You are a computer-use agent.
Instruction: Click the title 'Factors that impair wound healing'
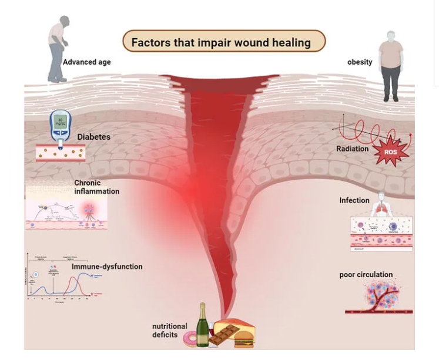point(223,43)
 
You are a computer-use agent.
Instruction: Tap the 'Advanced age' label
point(86,62)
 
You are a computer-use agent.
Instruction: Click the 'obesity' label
point(360,62)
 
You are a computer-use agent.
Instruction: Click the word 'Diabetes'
point(93,137)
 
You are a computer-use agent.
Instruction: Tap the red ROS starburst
point(391,152)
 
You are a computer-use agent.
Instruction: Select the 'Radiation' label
point(353,149)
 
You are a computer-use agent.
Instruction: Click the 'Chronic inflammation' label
point(96,187)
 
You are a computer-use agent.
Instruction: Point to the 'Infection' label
point(354,200)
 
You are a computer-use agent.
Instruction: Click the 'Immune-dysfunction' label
point(107,267)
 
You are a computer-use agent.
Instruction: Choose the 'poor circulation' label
point(366,274)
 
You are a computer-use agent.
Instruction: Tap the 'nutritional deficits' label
point(170,330)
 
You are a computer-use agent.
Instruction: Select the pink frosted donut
point(191,339)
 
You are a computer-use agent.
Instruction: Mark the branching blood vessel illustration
point(378,297)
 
